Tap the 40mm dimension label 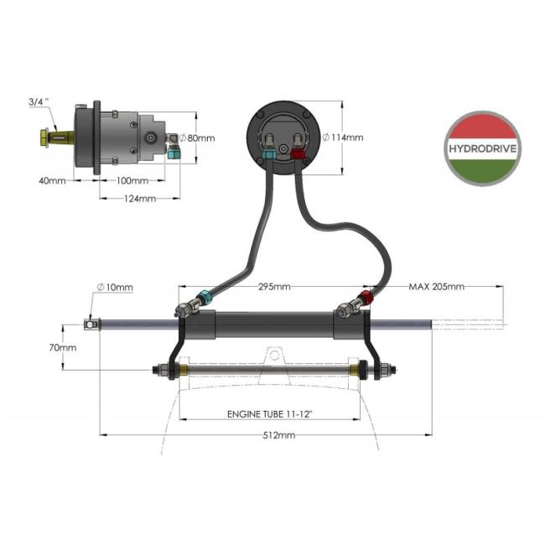click(x=52, y=180)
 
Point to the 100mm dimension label click(x=132, y=180)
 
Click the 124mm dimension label click(x=139, y=199)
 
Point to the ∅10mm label click(x=115, y=287)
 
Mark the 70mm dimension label click(x=63, y=347)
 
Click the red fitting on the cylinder click(x=366, y=297)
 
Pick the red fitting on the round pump click(x=298, y=153)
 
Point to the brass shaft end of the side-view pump click(x=44, y=135)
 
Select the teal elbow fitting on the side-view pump click(x=173, y=152)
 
